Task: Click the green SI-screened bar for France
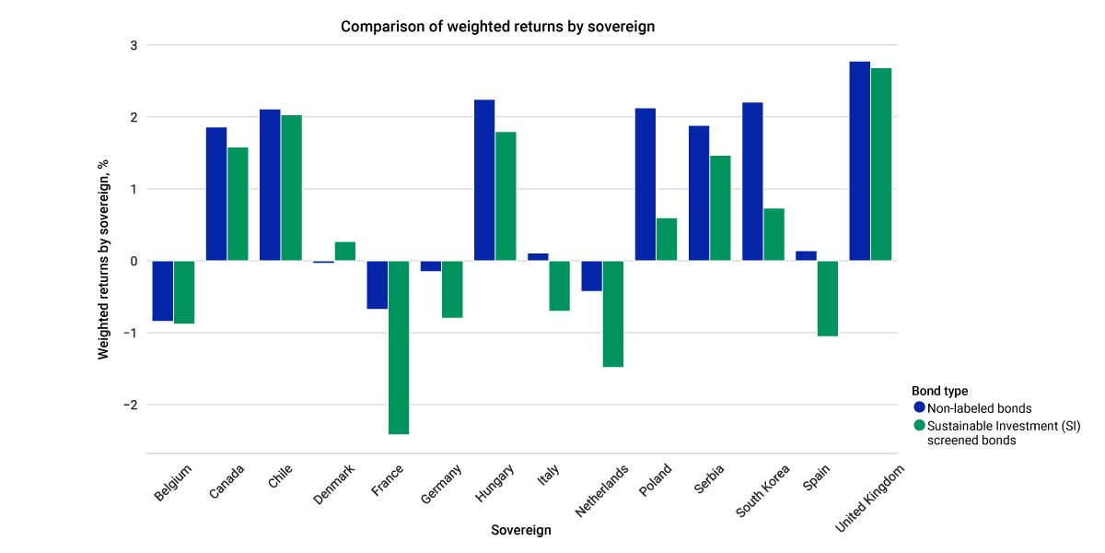pyautogui.click(x=399, y=347)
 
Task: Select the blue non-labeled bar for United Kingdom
pyautogui.click(x=860, y=161)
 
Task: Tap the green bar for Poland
pyautogui.click(x=667, y=240)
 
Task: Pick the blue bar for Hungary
pyautogui.click(x=484, y=181)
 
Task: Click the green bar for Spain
pyautogui.click(x=827, y=299)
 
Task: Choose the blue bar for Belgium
pyautogui.click(x=163, y=291)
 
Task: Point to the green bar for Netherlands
pyautogui.click(x=613, y=314)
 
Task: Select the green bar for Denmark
pyautogui.click(x=345, y=252)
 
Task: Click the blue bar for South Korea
pyautogui.click(x=752, y=182)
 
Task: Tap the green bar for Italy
pyautogui.click(x=560, y=286)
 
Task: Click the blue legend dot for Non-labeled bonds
pyautogui.click(x=919, y=407)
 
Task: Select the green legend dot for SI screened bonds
pyautogui.click(x=919, y=425)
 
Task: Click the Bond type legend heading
pyautogui.click(x=940, y=391)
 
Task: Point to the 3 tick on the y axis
pyautogui.click(x=134, y=45)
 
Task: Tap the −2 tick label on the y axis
pyautogui.click(x=130, y=405)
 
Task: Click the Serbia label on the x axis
pyautogui.click(x=709, y=479)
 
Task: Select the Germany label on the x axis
pyautogui.click(x=441, y=484)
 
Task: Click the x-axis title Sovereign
pyautogui.click(x=521, y=530)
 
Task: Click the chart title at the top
pyautogui.click(x=498, y=27)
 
